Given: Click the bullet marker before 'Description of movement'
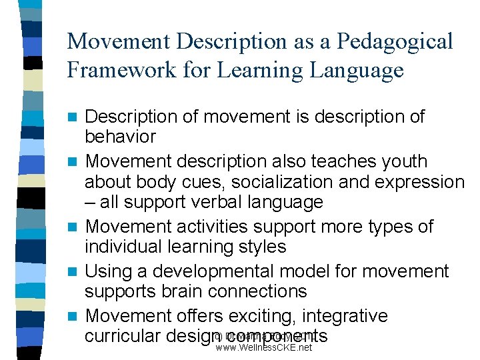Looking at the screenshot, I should click(75, 118).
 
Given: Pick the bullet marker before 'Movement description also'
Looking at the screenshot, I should click(75, 162).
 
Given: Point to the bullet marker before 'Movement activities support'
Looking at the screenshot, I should click(75, 227).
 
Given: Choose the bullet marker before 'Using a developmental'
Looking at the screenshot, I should click(75, 271).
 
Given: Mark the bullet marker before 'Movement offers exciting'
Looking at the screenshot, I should click(75, 315).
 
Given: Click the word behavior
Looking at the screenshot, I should click(120, 137).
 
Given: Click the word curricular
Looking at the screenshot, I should click(123, 335).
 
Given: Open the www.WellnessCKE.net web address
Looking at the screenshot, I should click(264, 347).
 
